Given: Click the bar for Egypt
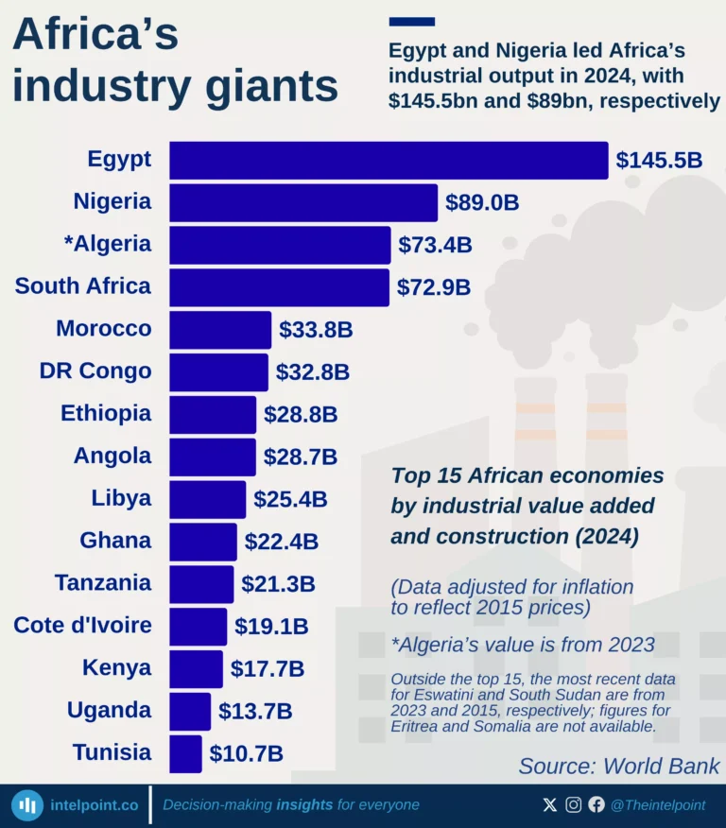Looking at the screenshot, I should click(x=388, y=160).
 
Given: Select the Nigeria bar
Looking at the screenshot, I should click(x=302, y=202).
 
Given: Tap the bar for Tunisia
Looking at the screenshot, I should click(x=185, y=753).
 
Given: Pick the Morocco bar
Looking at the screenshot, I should click(x=220, y=330).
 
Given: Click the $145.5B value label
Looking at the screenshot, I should click(x=659, y=160).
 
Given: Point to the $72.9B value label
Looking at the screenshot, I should click(x=434, y=287).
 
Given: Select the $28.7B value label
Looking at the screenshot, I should click(x=300, y=457).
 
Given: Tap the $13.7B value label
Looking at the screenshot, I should click(x=255, y=711).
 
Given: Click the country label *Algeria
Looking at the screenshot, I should click(x=108, y=244).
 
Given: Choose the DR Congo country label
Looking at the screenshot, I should click(x=95, y=371).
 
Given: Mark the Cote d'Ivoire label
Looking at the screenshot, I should click(x=82, y=625).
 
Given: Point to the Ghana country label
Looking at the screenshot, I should click(x=115, y=540).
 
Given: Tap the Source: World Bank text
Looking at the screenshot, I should click(x=619, y=766).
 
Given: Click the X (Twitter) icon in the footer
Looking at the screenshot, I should click(x=550, y=805).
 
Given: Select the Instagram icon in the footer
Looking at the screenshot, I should click(x=573, y=805).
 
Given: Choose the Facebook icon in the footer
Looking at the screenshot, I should click(x=596, y=805).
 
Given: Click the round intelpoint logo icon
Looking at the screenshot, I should click(x=27, y=805).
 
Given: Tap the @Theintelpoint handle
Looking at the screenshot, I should click(x=658, y=805).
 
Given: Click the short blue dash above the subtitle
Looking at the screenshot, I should click(x=412, y=21).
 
